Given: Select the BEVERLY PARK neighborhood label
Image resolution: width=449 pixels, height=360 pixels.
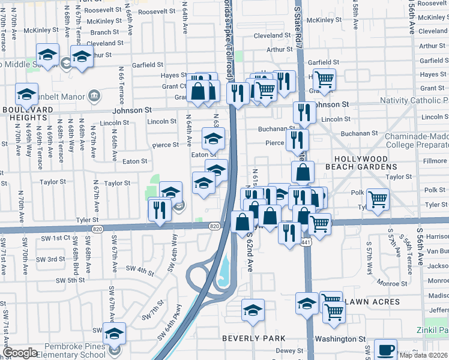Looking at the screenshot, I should coord(253,338).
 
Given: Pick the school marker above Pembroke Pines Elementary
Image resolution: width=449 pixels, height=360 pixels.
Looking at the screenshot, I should coord(113,333).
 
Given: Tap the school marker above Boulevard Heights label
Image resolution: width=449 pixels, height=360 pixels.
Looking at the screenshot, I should coord(26,94).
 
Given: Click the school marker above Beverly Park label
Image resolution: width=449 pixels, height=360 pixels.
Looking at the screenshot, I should coord(253,310).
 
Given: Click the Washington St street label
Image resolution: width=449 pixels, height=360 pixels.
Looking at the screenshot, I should coord(344,339).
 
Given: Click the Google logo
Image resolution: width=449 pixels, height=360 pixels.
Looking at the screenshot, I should coord(20,353).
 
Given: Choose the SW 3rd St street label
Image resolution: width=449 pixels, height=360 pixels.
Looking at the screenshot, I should coord(50,259).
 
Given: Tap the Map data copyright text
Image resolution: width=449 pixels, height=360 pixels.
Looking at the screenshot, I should coord(423,355).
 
